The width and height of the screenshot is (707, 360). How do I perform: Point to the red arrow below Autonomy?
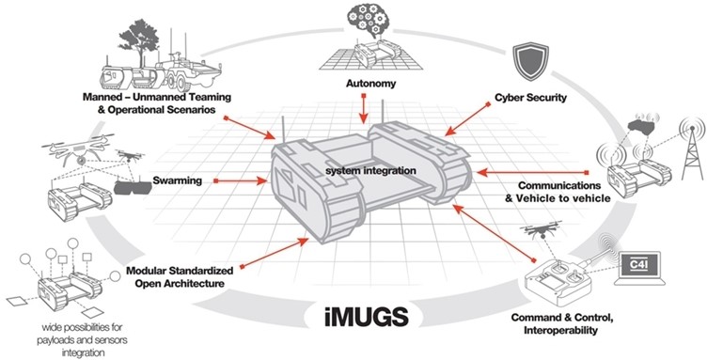(x=363, y=111)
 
